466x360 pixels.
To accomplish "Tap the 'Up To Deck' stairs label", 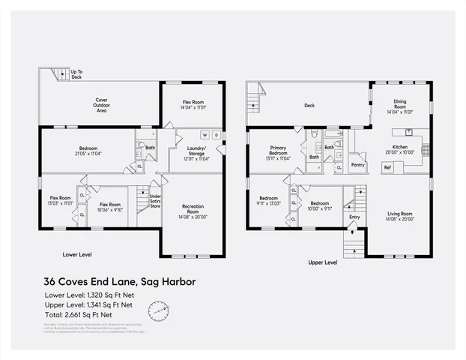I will (76, 74).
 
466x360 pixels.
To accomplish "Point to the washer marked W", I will (204, 135).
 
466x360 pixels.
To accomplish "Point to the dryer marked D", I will (216, 135).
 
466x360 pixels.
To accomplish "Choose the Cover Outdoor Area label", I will (101, 105).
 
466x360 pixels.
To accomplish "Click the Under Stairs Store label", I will (156, 200).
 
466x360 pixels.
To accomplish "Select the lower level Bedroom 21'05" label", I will (88, 151).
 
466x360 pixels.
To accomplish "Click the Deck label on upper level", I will (309, 106).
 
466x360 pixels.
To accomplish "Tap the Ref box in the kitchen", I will (387, 167).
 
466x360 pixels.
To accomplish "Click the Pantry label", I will (357, 164).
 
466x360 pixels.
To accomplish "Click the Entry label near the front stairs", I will (354, 217).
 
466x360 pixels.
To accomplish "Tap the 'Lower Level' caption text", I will (78, 253).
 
